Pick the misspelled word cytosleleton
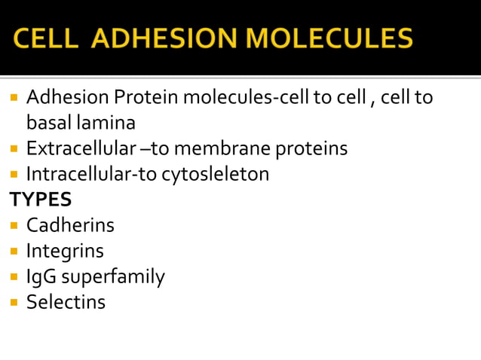tap(216, 174)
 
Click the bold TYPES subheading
tap(40, 200)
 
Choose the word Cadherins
tap(70, 225)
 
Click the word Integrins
tap(65, 251)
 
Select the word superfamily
tap(113, 276)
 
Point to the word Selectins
tap(66, 302)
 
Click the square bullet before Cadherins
tap(14, 225)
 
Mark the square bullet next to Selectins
tap(14, 303)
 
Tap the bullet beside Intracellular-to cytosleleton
tap(14, 175)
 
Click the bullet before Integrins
tap(14, 251)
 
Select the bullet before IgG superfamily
tap(14, 277)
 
